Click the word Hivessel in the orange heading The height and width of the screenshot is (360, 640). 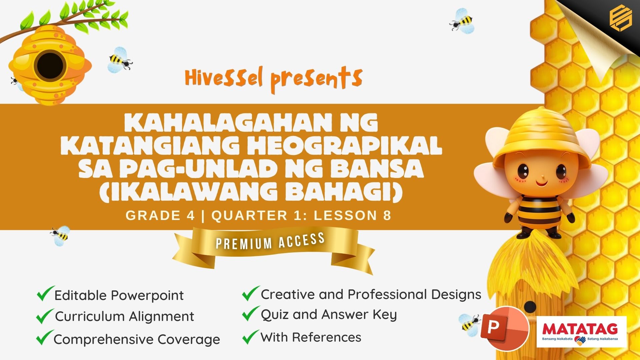click(x=224, y=78)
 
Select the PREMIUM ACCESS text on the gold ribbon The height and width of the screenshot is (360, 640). click(x=270, y=241)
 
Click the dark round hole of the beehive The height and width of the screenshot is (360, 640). click(x=50, y=65)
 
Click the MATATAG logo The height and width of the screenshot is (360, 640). click(x=582, y=332)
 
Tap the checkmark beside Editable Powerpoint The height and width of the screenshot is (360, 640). click(x=46, y=294)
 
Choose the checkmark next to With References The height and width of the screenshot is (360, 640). click(x=251, y=337)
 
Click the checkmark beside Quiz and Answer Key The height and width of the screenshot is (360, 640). click(x=251, y=314)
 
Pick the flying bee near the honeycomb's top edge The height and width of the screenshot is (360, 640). click(x=462, y=21)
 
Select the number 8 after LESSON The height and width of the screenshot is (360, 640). click(x=387, y=216)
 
